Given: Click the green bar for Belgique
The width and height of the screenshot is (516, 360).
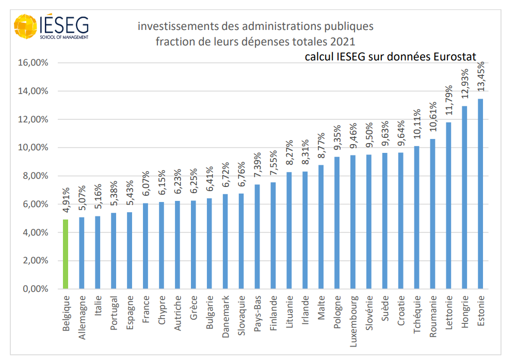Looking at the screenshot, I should click(66, 254).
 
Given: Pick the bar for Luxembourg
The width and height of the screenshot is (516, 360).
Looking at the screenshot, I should click(353, 222).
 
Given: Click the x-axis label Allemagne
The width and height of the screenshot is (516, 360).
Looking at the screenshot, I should click(82, 317).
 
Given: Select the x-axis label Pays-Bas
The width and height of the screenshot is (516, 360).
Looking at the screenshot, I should click(257, 312).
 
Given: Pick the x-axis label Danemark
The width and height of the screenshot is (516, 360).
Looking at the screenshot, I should click(225, 316).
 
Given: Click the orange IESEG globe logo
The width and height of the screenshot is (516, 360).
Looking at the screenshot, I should click(25, 26).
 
